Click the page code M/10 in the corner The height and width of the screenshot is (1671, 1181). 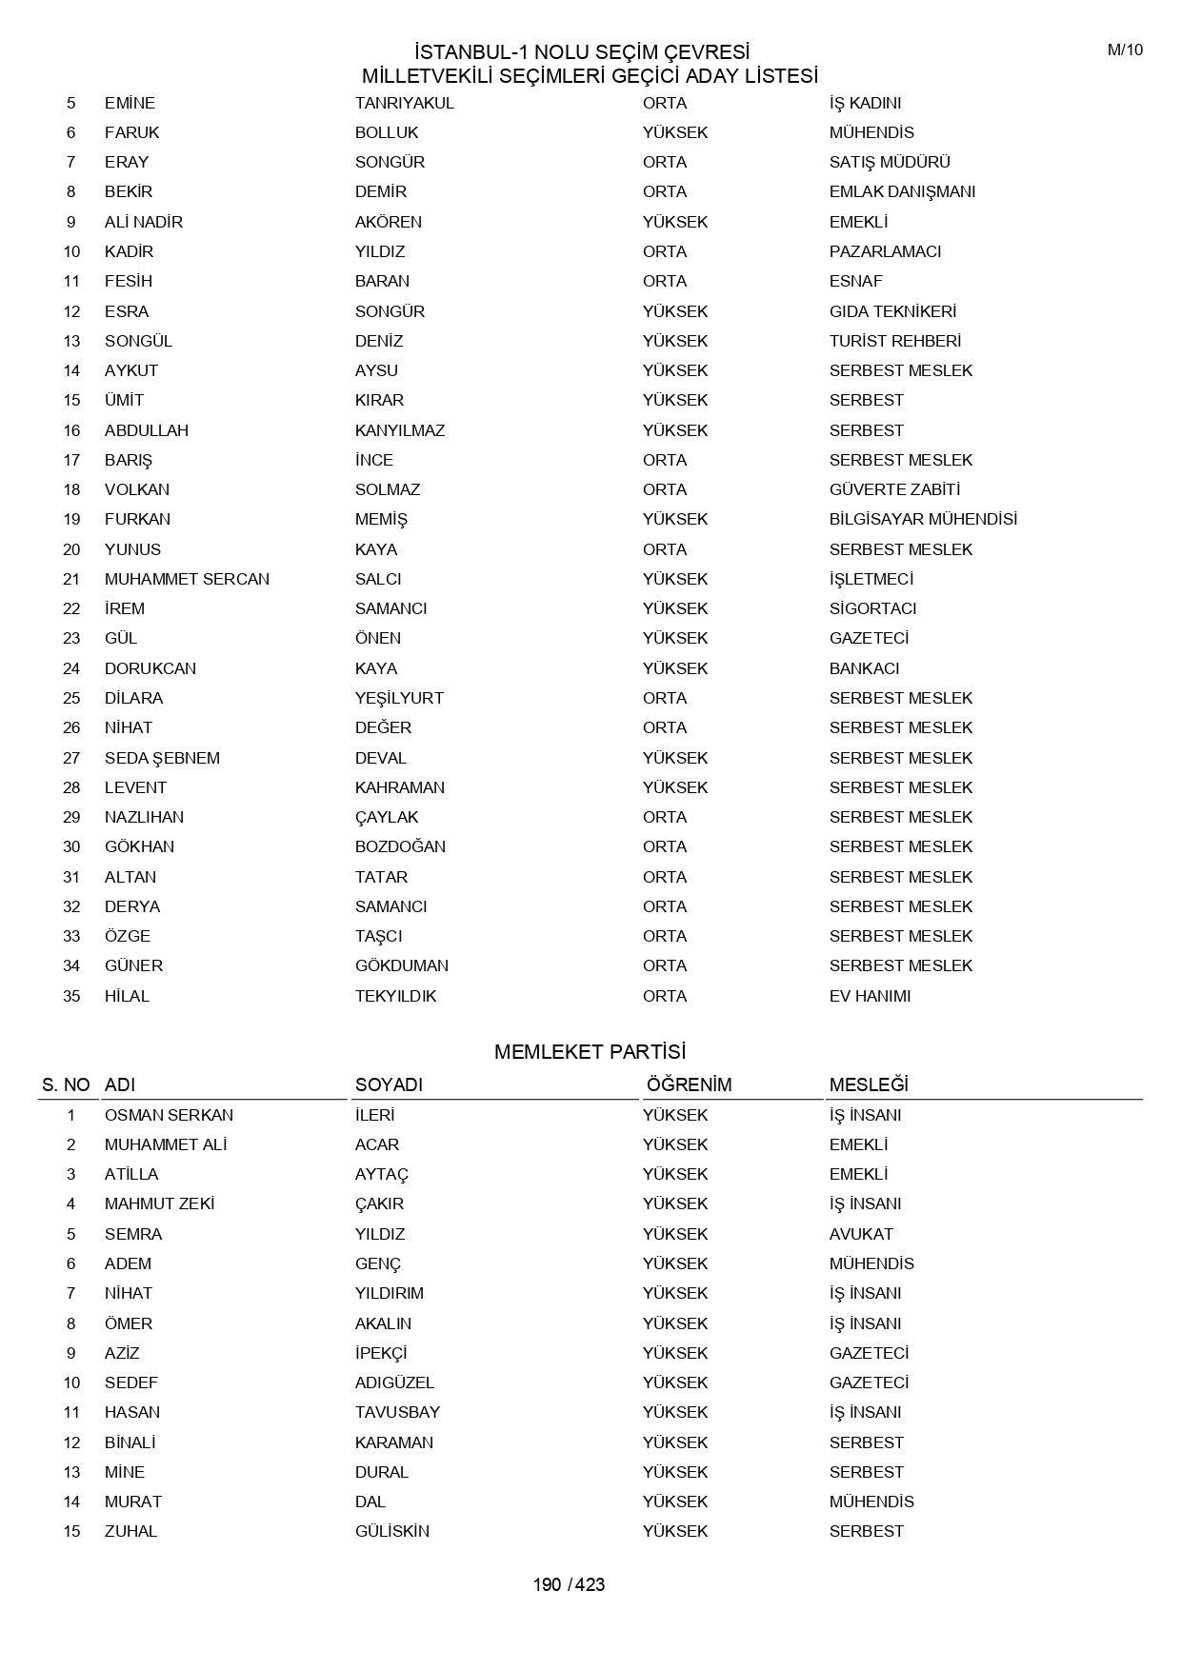tap(1125, 50)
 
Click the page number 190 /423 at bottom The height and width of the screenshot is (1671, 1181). tap(569, 1584)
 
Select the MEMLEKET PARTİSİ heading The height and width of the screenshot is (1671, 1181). tap(590, 1052)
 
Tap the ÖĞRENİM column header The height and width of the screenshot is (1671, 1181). tap(689, 1084)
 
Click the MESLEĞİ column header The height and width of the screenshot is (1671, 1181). tap(869, 1084)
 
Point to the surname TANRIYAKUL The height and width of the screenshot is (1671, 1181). tap(405, 103)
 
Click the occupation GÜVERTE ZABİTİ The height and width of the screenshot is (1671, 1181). tap(894, 489)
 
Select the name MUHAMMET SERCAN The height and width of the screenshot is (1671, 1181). tap(187, 579)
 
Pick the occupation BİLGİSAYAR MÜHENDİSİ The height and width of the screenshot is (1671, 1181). tap(923, 519)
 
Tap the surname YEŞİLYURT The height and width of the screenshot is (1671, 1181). tap(399, 698)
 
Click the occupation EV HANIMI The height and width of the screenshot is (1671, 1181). tap(870, 996)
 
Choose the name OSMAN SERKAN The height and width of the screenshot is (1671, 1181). tap(169, 1115)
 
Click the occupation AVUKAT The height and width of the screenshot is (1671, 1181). tap(861, 1234)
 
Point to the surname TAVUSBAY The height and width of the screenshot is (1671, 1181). tap(397, 1412)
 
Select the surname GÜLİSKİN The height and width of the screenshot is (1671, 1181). tap(391, 1531)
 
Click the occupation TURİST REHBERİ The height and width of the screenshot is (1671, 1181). tap(895, 341)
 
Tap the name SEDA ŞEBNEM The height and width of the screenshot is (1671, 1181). tap(162, 758)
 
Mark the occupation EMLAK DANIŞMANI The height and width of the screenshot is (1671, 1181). tap(902, 191)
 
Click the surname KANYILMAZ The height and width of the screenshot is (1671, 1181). tap(400, 430)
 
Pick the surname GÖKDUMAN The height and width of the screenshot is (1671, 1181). tap(402, 965)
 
